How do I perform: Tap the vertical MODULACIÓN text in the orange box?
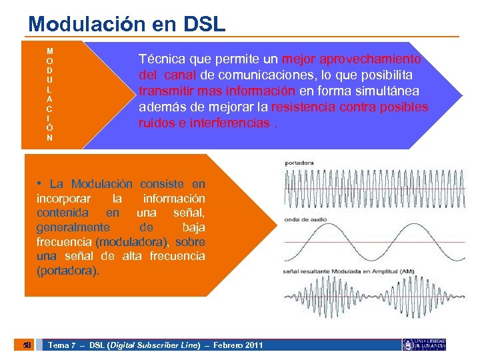[50, 94]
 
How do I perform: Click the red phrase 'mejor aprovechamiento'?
[351, 59]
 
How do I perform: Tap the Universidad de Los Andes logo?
[423, 344]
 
